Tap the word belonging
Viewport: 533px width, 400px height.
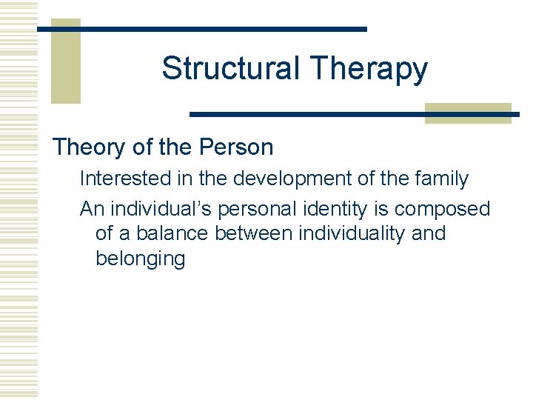point(140,260)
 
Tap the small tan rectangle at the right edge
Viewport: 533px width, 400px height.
point(468,113)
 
